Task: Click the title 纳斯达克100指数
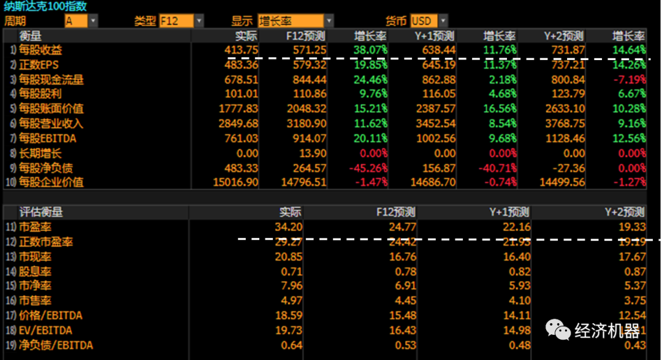45,7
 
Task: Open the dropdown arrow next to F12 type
199,21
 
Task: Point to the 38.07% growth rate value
370,50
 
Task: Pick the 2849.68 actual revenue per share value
238,123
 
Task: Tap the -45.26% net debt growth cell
368,167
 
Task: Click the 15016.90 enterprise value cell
236,182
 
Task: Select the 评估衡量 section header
40,212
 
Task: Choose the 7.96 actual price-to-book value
292,286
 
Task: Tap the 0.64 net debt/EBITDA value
292,345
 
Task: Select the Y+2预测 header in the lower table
624,212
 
